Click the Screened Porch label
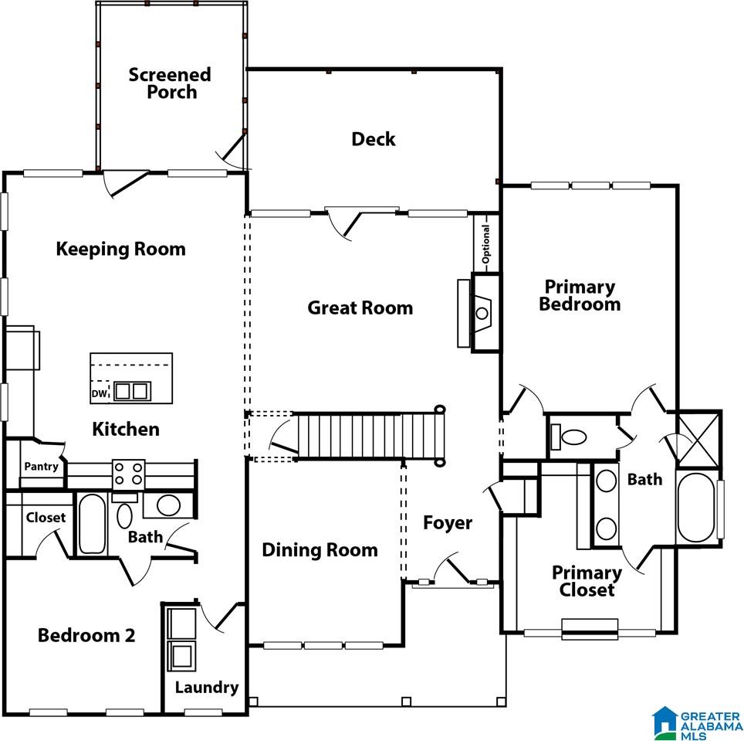click(170, 83)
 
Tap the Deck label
click(374, 139)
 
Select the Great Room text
click(360, 308)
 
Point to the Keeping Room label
click(120, 249)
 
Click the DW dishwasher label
click(99, 394)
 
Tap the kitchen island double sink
click(132, 391)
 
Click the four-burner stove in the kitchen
click(129, 474)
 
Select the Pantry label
click(41, 467)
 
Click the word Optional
click(486, 244)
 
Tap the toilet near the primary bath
click(569, 436)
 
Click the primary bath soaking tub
click(696, 508)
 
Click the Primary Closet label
click(587, 581)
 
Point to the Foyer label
click(448, 522)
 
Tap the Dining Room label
click(320, 549)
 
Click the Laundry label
click(207, 688)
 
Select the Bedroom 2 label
click(86, 635)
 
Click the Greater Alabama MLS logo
click(698, 722)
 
